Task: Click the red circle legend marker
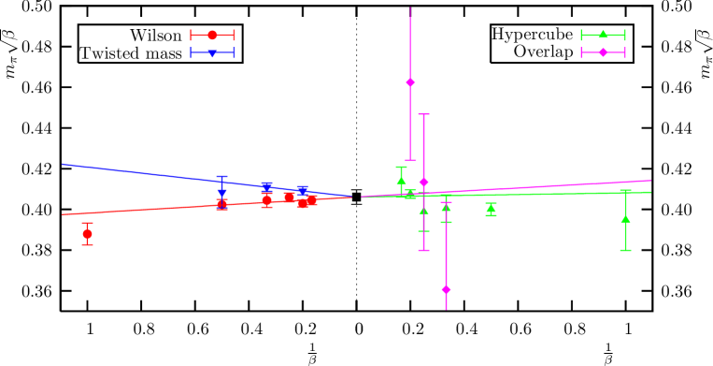pos(212,35)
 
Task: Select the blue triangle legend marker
pos(212,53)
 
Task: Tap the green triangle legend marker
pos(603,35)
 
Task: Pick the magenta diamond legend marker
pos(603,52)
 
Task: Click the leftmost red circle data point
pos(87,234)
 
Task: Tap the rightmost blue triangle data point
pos(302,190)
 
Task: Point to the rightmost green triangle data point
pos(625,219)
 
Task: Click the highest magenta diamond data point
pos(410,82)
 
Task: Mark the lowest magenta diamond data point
pos(446,289)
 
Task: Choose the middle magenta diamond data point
pos(423,182)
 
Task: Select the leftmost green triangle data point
pos(401,180)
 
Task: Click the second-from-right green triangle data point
pos(491,209)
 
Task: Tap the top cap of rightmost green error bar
pos(625,190)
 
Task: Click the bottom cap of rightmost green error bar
pos(625,250)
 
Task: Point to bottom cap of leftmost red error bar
pos(87,245)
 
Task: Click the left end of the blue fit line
pos(63,164)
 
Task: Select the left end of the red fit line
pos(63,214)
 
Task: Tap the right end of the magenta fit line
pos(650,181)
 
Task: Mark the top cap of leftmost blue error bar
pos(221,176)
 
